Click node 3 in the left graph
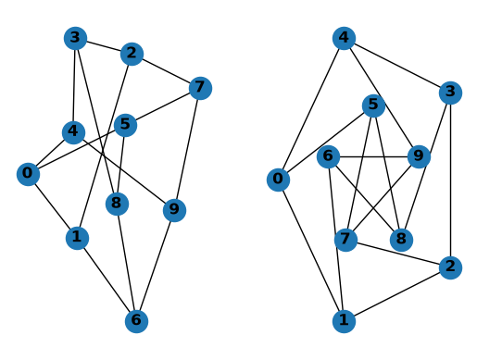coord(75,38)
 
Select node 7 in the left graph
coord(200,88)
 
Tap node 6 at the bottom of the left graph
coord(136,321)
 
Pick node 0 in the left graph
coord(28,174)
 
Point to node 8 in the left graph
coord(117,204)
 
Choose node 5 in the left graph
coord(125,125)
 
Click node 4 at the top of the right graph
coord(344,38)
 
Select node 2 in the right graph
coord(450,267)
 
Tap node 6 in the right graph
coord(329,156)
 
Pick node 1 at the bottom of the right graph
coord(344,321)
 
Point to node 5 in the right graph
coord(373,106)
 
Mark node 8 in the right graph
coord(401,240)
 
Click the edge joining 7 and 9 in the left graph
coord(187,149)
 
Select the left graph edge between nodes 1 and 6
coord(107,279)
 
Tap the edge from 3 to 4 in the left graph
coord(74,85)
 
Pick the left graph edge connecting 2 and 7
coord(166,71)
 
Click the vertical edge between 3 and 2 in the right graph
coord(450,180)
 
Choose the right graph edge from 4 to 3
coord(397,66)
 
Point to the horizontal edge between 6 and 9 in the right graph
coord(373,156)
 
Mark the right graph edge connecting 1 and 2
coord(397,294)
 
